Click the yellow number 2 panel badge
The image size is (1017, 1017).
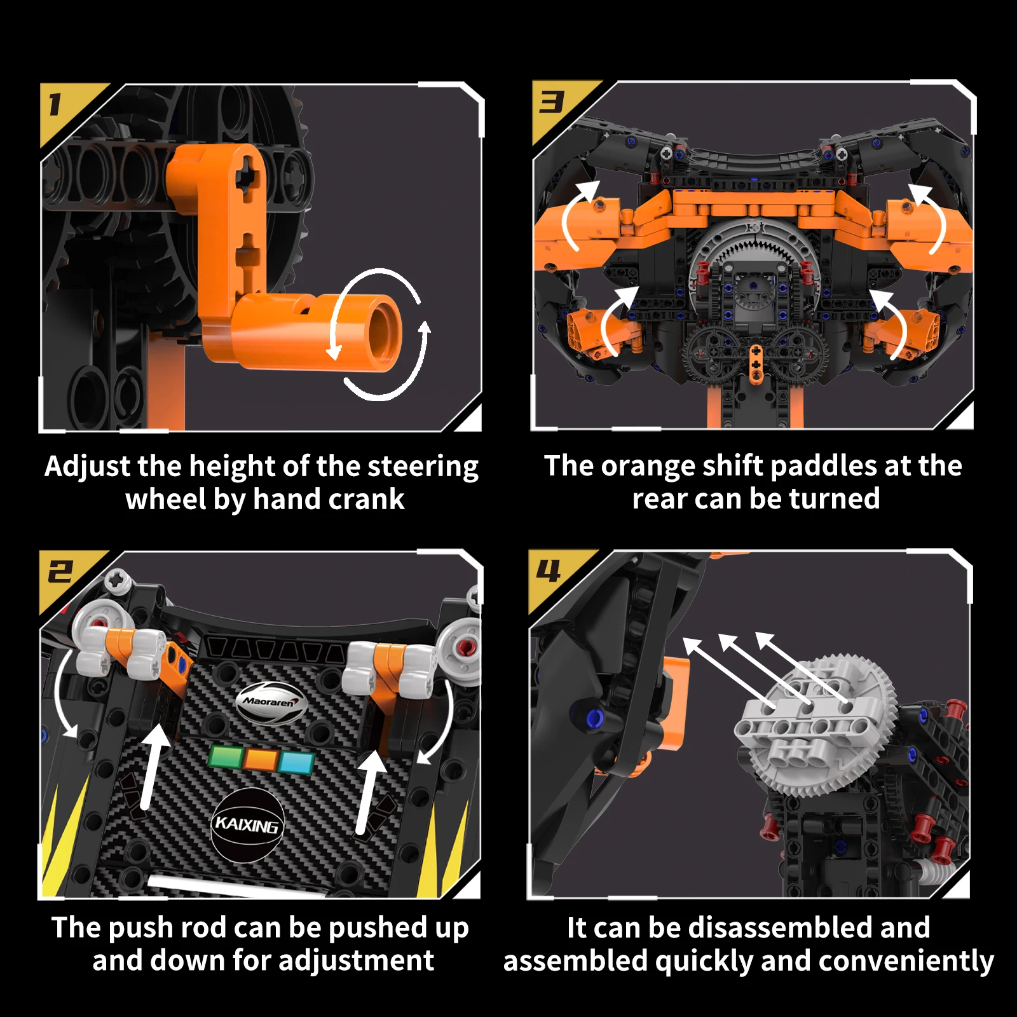(64, 575)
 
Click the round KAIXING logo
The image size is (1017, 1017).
(247, 825)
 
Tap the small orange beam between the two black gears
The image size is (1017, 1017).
(756, 364)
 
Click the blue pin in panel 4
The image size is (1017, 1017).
(594, 719)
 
